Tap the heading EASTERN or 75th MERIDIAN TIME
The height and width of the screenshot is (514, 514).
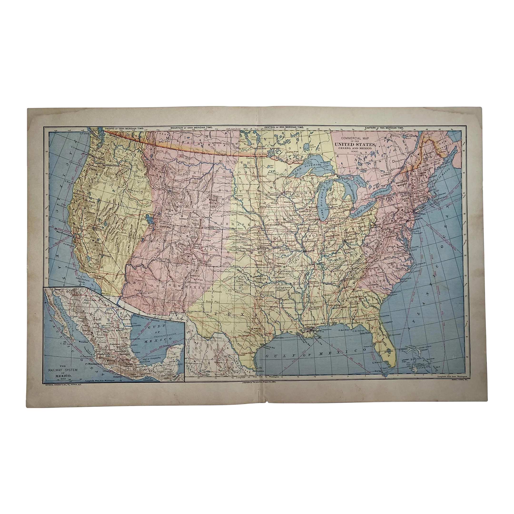(385, 128)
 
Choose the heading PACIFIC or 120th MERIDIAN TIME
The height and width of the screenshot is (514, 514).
(125, 128)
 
